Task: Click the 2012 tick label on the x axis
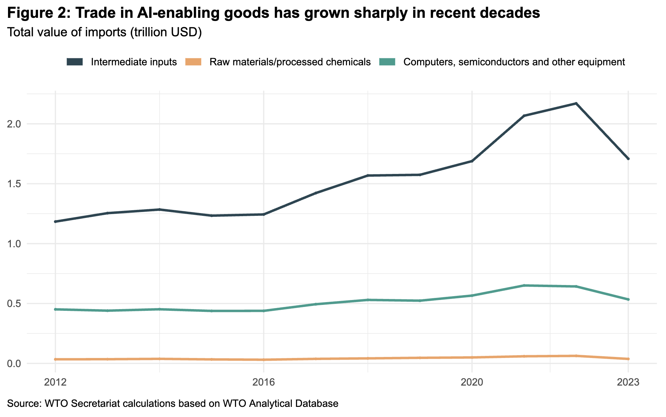(x=55, y=382)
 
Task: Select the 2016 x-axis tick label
(x=264, y=382)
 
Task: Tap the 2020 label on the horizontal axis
(x=472, y=382)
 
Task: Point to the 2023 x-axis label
(x=628, y=382)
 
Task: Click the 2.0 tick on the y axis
(x=14, y=124)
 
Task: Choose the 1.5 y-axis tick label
(x=14, y=184)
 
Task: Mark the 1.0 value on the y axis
(x=14, y=244)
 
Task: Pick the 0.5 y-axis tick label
(x=14, y=303)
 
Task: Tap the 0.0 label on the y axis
(x=14, y=364)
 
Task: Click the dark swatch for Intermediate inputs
(x=75, y=62)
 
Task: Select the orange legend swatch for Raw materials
(x=194, y=62)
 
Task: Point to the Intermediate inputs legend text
(x=134, y=62)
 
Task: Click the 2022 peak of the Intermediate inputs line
(x=576, y=103)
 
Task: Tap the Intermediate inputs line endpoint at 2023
(x=628, y=159)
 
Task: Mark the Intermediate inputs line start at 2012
(x=55, y=221)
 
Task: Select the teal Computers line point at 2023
(x=628, y=299)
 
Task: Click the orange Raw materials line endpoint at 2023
(x=628, y=359)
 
